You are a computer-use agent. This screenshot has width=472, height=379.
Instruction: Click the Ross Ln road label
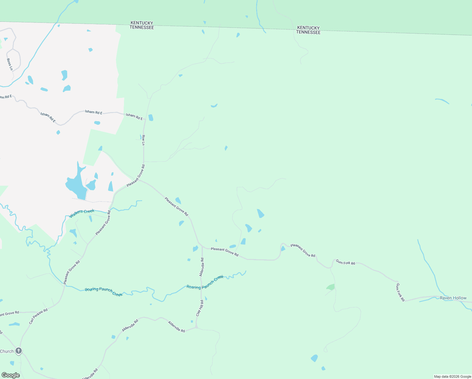[10, 64]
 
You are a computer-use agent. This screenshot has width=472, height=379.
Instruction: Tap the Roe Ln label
[143, 140]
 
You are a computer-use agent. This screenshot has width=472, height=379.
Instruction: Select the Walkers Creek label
[82, 213]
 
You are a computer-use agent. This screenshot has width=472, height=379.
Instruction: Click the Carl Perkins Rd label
[38, 316]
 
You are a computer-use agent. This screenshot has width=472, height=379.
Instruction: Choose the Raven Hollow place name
[453, 298]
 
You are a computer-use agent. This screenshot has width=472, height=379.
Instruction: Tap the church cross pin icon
[19, 351]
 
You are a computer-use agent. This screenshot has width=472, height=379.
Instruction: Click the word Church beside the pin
[7, 351]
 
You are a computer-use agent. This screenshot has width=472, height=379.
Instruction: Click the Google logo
[11, 375]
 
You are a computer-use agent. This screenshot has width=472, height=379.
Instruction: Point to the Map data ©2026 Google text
[452, 376]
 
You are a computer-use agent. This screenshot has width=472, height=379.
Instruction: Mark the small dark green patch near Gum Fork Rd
[331, 287]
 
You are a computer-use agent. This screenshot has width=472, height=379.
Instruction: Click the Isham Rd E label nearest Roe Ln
[134, 117]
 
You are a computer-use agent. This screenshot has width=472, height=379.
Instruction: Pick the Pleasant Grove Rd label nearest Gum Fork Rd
[303, 250]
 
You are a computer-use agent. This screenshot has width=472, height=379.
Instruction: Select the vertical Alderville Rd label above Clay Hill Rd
[202, 267]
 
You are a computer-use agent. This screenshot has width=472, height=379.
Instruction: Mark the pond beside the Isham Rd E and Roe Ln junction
[151, 117]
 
